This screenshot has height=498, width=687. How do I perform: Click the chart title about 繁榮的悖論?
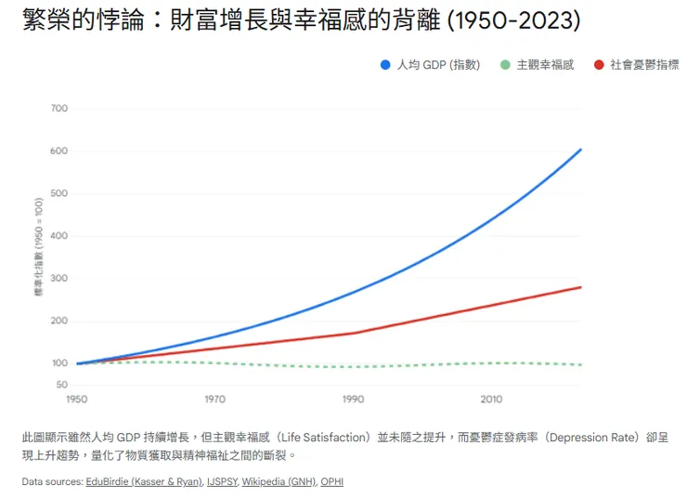301,21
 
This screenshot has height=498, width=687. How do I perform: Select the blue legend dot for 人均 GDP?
385,65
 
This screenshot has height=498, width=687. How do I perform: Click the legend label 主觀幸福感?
545,65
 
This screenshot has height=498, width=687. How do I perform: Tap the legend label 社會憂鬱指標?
643,65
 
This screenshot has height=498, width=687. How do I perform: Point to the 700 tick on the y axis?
59,109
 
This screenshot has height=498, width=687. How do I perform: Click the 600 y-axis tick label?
59,151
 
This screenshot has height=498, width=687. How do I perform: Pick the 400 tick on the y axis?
59,236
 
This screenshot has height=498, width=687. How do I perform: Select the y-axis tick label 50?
62,384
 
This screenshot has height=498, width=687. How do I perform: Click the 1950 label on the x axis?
77,400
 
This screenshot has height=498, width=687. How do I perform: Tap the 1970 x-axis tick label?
214,400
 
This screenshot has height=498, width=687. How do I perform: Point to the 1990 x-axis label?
353,400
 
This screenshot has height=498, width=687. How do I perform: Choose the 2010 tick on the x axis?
491,400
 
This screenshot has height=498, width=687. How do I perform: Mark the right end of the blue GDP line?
581,149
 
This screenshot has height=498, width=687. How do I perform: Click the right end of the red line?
581,287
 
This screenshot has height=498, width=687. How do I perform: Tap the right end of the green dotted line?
581,364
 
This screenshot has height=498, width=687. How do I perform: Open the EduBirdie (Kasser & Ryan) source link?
140,481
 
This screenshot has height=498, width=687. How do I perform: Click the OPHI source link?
331,481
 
